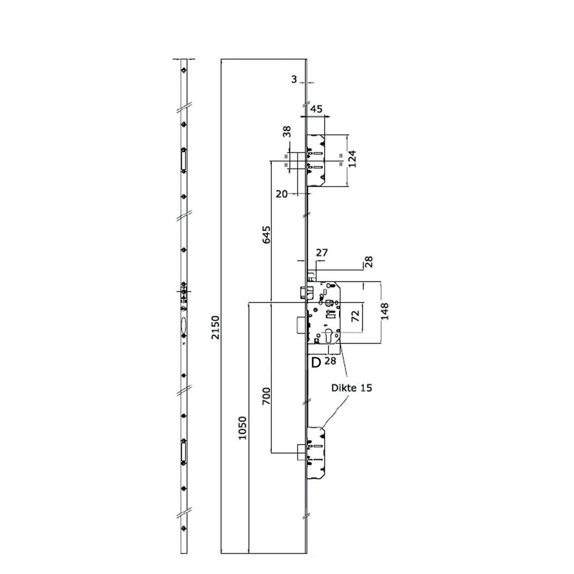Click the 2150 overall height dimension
[216, 330]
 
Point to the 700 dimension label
[266, 396]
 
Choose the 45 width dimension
[316, 109]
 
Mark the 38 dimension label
[286, 132]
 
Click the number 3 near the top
[294, 80]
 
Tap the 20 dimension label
[282, 193]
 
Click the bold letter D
[316, 362]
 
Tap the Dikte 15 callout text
[351, 387]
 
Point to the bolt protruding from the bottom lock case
[302, 450]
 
